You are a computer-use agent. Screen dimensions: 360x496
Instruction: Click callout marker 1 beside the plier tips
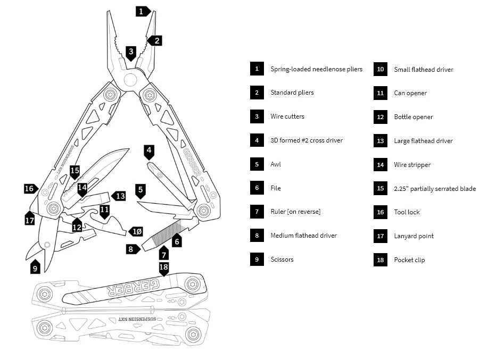tap(142, 11)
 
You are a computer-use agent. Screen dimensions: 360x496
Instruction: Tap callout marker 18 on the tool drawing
tap(164, 267)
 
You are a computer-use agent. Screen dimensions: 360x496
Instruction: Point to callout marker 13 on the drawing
tap(120, 196)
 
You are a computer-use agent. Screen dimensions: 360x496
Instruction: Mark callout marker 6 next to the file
tap(178, 241)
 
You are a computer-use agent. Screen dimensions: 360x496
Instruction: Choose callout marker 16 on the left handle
tap(30, 188)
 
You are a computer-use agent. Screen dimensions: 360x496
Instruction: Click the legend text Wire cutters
tap(287, 116)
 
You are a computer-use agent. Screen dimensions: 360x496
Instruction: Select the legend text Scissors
tap(282, 259)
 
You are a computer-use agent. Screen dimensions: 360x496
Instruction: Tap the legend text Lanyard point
tap(414, 236)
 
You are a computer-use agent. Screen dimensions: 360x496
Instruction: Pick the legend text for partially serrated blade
tap(435, 189)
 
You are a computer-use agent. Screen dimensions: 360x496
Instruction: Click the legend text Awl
tap(275, 164)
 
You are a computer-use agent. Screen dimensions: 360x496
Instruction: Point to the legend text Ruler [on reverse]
tap(295, 212)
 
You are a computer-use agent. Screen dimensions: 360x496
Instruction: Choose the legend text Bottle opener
tap(413, 117)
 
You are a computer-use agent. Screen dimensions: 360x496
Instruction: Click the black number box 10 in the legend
tap(380, 69)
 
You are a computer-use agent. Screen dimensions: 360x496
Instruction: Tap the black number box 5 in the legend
tap(257, 164)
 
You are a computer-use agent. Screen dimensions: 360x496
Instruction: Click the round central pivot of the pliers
tap(130, 81)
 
